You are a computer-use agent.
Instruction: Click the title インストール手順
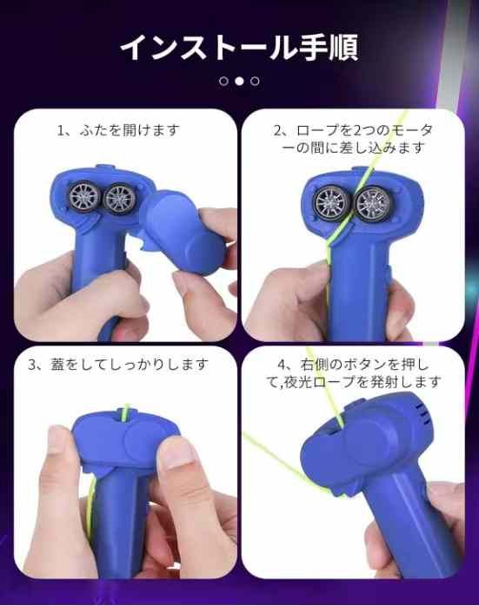[x=239, y=48]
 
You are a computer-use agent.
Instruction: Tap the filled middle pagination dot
[x=240, y=81]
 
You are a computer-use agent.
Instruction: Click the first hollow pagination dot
[x=223, y=81]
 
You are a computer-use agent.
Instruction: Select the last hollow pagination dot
[x=255, y=81]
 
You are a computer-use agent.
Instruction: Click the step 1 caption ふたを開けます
[x=130, y=130]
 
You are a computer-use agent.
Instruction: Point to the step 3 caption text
[x=118, y=365]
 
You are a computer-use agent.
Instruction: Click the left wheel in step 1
[x=84, y=197]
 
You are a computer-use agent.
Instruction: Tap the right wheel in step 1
[x=119, y=199]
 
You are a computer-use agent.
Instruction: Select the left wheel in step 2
[x=332, y=202]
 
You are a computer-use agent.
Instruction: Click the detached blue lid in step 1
[x=183, y=230]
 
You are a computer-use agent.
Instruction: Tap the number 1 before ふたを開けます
[x=60, y=130]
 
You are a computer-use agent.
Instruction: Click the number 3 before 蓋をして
[x=32, y=365]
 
